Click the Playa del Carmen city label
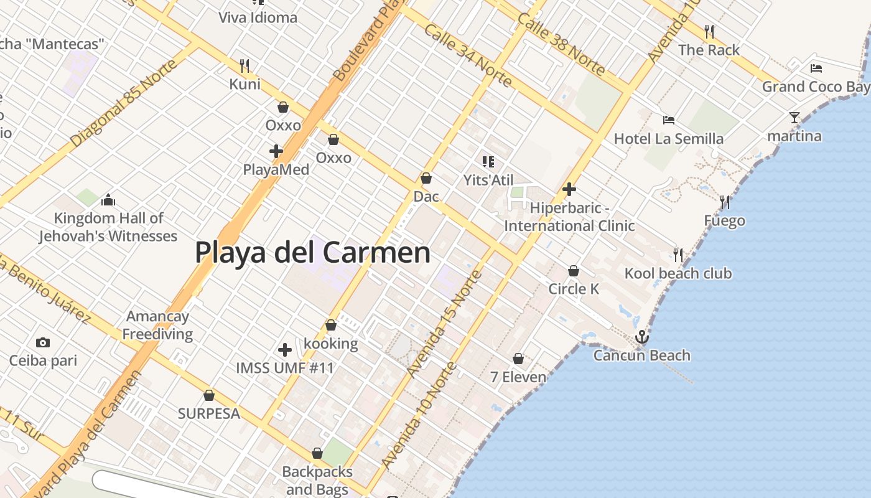click(x=312, y=253)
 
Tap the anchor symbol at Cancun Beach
click(x=641, y=337)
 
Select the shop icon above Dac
click(x=426, y=179)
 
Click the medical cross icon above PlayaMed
click(x=276, y=151)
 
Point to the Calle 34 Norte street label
click(x=468, y=55)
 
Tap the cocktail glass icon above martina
click(x=794, y=118)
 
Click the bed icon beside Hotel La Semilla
click(x=669, y=120)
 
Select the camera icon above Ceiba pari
click(x=43, y=342)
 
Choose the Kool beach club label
click(x=678, y=273)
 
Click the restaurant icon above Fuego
click(x=725, y=202)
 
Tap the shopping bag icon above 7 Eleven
click(x=518, y=359)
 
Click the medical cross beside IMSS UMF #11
click(x=285, y=350)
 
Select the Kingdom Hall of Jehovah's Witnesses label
click(x=108, y=227)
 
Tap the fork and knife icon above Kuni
click(x=245, y=65)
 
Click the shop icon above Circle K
click(x=574, y=271)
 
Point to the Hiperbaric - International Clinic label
click(x=569, y=217)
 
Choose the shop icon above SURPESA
click(x=209, y=396)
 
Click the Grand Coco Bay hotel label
click(x=816, y=87)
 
